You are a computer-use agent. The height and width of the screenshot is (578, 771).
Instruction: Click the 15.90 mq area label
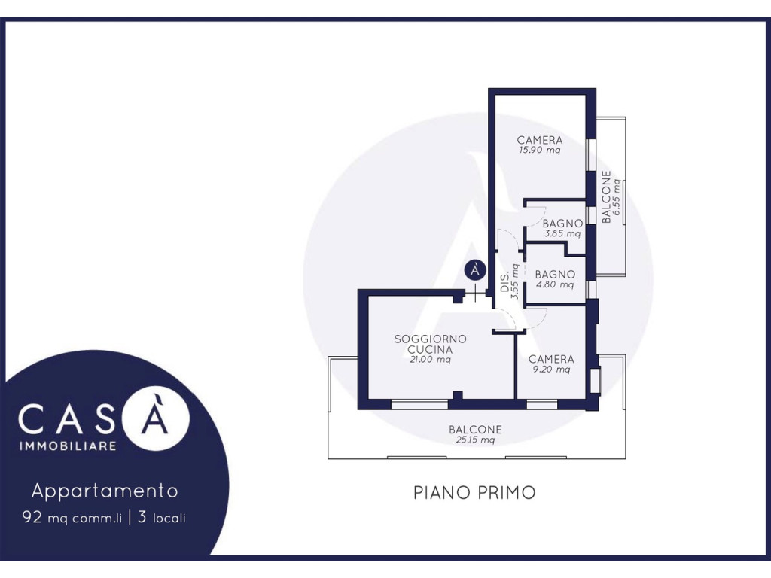[x=539, y=151]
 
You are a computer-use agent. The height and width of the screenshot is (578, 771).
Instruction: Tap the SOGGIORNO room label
[x=430, y=339]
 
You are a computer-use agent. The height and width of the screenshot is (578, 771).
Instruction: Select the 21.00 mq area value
[x=430, y=360]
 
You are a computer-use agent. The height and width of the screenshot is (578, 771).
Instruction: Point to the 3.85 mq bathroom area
[x=562, y=234]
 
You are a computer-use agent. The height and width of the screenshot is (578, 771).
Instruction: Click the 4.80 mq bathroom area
[x=555, y=285]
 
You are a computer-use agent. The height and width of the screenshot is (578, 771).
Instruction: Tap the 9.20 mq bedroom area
[x=551, y=370]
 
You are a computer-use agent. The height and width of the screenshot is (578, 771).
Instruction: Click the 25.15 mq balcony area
[x=475, y=440]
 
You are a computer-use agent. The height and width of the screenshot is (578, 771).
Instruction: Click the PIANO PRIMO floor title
[x=474, y=492]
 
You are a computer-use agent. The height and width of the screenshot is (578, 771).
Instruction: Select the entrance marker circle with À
[x=475, y=270]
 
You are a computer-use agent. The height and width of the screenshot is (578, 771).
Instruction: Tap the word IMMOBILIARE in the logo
[x=68, y=446]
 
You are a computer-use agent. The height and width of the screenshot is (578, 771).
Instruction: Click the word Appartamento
[x=105, y=491]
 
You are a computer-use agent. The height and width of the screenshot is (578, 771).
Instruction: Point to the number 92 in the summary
[x=32, y=517]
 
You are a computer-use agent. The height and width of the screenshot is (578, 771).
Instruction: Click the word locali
[x=169, y=518]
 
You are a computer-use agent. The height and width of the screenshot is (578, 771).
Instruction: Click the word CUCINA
[x=430, y=350]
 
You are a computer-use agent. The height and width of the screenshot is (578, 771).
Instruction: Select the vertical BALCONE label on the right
[x=606, y=197]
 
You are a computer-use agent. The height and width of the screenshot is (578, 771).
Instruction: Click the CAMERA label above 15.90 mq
[x=539, y=141]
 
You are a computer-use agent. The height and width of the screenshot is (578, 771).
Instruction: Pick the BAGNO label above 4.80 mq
[x=555, y=275]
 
